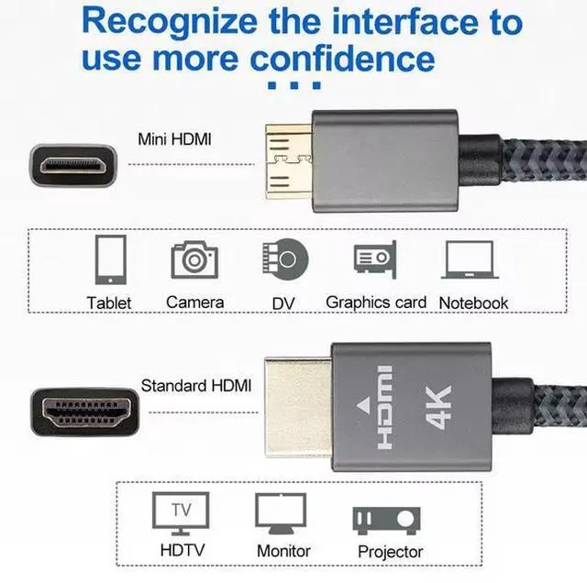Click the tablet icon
point(109,259)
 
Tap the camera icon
point(194,259)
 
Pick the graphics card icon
point(374,258)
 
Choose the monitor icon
point(280,514)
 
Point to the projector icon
point(389,518)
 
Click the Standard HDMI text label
point(195,386)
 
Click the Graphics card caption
point(376,302)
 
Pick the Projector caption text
point(391,552)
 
